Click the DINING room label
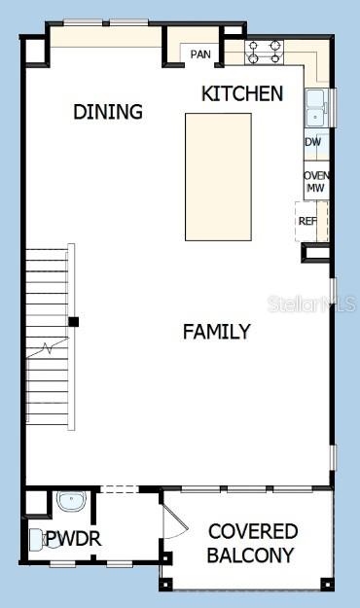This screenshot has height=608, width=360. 108,112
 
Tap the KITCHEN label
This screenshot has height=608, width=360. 242,93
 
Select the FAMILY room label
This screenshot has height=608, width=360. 217,332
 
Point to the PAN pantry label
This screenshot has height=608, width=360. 200,54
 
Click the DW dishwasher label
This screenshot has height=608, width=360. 312,142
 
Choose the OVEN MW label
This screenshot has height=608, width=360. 316,182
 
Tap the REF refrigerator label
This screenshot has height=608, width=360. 307,221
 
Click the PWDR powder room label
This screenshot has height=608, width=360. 74,538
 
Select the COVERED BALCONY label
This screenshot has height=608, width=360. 252,544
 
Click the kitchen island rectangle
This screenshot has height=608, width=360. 218,176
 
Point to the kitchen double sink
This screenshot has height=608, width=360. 314,108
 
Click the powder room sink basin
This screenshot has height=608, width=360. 71,502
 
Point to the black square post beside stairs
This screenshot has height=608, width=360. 73,321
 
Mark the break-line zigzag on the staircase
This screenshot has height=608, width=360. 46,347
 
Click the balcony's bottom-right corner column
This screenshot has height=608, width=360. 327,584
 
